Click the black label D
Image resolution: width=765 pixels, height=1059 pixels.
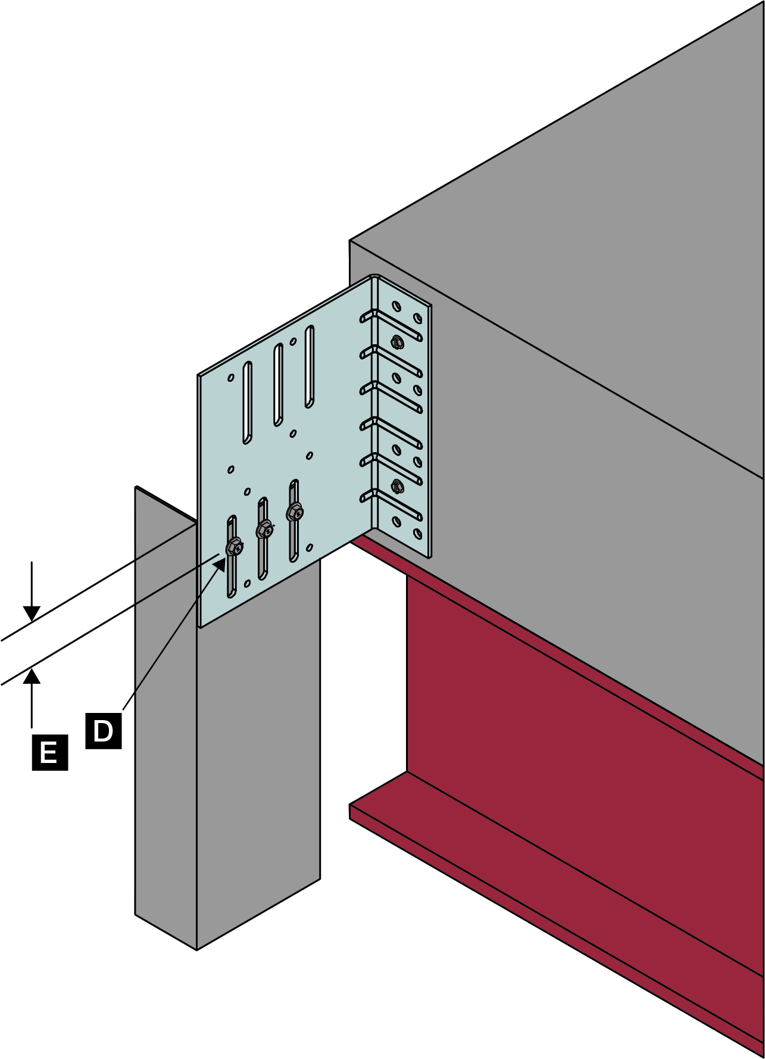(104, 730)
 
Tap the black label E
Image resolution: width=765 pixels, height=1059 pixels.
(49, 753)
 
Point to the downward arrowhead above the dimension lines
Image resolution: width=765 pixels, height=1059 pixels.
(32, 613)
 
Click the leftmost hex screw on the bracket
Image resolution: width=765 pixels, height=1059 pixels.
(235, 546)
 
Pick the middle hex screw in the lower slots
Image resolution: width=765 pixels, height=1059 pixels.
(264, 528)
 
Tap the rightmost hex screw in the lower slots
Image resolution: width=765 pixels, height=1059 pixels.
(295, 510)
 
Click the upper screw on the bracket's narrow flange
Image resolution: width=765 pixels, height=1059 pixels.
(397, 342)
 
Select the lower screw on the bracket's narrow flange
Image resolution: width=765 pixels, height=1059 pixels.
(397, 485)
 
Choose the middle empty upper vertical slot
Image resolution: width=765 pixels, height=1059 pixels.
(278, 384)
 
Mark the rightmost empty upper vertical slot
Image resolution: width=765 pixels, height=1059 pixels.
(309, 366)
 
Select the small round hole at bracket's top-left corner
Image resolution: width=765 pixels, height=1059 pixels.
(231, 378)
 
